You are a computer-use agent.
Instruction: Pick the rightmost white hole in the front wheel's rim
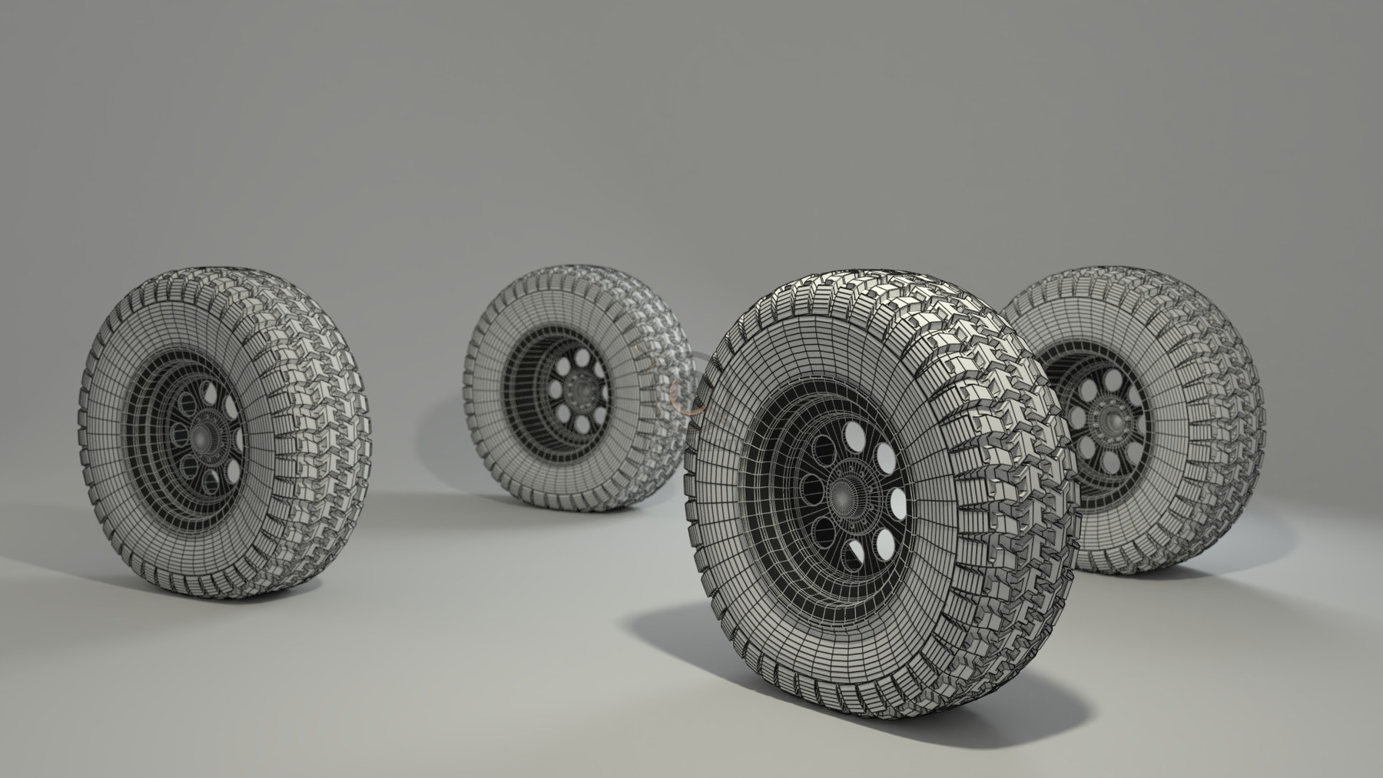pyautogui.click(x=898, y=504)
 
